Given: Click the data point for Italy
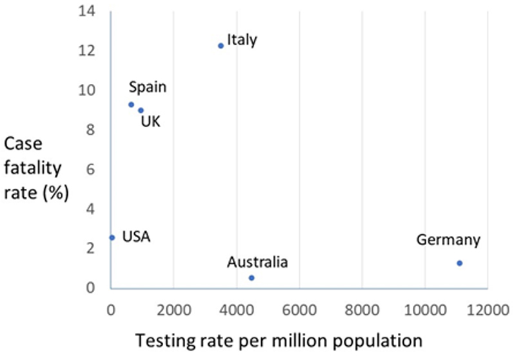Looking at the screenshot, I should [x=221, y=45].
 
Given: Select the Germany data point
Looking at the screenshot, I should [x=459, y=263].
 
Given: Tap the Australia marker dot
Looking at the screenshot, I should [x=252, y=277].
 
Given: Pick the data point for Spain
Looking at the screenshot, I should [x=131, y=105].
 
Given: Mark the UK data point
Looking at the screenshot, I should [x=141, y=110].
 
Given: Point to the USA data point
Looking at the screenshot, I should [x=112, y=237].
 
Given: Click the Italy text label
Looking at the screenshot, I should [x=242, y=40].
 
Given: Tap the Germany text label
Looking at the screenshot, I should [x=448, y=241].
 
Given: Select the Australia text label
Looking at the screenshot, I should [x=257, y=263].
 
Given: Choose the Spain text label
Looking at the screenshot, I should [x=147, y=87].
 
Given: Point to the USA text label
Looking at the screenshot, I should [x=135, y=237].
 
